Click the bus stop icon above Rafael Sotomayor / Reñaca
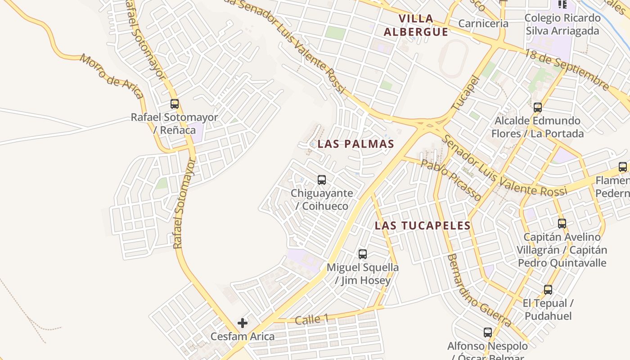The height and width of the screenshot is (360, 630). [x=175, y=104]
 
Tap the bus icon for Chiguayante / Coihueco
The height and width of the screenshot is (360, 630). [x=322, y=180]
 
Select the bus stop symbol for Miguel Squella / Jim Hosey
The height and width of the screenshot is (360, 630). [x=363, y=254]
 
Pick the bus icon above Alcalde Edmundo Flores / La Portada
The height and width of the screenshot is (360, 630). [x=538, y=108]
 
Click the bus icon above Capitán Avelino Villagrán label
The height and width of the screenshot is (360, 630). [x=562, y=224]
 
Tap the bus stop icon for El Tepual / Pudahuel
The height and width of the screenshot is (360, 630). [x=548, y=290]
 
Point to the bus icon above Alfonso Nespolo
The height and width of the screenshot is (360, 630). [x=488, y=333]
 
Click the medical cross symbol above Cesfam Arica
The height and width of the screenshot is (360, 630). [x=243, y=323]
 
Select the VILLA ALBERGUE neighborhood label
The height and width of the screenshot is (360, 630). [x=416, y=25]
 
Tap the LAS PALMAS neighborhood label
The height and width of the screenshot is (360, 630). [x=355, y=144]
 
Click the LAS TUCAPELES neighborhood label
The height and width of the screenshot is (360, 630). [x=423, y=225]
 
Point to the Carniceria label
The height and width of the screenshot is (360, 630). [x=483, y=23]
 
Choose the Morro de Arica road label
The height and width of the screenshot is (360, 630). [x=112, y=76]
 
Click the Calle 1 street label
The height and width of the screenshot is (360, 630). [x=311, y=319]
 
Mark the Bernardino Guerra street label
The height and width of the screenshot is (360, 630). [x=479, y=290]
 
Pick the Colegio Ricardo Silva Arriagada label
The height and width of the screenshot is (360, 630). [x=562, y=24]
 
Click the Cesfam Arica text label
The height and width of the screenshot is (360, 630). [x=243, y=336]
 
